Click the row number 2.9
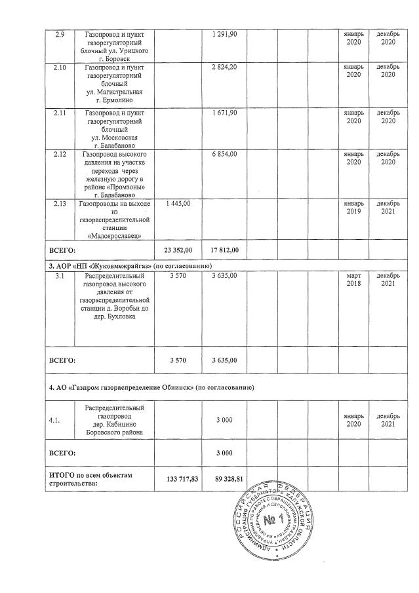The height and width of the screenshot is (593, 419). (58, 33)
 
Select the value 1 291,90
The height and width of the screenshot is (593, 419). (225, 33)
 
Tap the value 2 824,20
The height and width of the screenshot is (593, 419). (225, 67)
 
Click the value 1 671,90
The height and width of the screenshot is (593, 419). (225, 113)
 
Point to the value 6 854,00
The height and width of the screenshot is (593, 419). (225, 153)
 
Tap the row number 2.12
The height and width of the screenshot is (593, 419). (58, 153)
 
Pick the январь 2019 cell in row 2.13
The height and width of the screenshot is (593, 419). (353, 208)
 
